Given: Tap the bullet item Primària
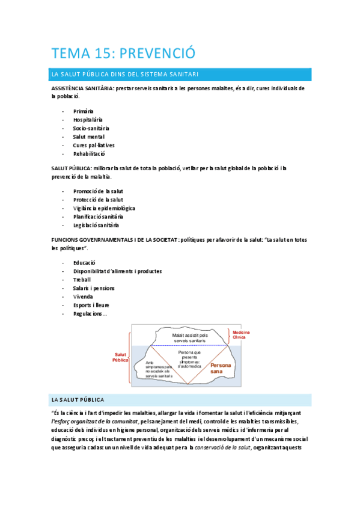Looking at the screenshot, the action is coord(84,111).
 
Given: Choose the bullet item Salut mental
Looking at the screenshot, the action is coord(89,137).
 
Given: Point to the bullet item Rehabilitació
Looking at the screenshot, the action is coord(90,153).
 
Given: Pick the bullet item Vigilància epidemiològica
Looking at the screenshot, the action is coord(104,208).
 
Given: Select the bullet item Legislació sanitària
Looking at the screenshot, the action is coord(96,225).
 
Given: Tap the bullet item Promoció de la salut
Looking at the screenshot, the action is coord(98,191).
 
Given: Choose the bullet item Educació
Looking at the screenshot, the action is coord(85,263).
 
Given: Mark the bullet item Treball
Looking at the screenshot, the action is coord(82,280).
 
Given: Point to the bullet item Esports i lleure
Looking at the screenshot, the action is coord(91,305).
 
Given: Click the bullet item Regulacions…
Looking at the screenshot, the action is coord(91,313).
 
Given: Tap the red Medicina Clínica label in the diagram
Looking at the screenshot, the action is coord(241,334).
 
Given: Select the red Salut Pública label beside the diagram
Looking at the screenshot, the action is coord(121,357).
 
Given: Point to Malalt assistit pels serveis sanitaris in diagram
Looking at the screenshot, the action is coord(190,338).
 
